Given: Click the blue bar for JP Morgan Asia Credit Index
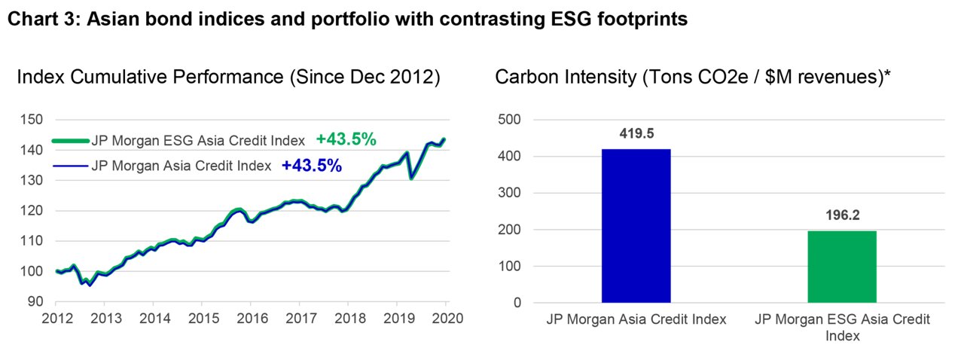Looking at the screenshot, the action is coord(636,226).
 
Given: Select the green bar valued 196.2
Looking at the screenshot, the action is coord(842,267).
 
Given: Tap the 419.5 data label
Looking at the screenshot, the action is coord(636,133).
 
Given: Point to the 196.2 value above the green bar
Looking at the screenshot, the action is coord(842,215).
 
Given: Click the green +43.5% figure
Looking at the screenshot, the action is coord(346,139).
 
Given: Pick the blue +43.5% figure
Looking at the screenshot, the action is coord(312,166).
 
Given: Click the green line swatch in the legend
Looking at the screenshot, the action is coord(71,141).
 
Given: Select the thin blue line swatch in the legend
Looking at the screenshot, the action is coord(71,166).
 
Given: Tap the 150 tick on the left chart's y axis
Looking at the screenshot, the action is coord(32,119).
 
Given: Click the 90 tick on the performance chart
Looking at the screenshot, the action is coord(35,301).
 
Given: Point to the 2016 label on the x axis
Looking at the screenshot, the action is coord(252,319).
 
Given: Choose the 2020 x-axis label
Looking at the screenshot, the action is coord(447,319).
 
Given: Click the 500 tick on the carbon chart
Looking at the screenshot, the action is coord(510,119).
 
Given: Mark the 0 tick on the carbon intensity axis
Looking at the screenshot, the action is coord(517,303).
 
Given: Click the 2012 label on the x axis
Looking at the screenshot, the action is coord(57,319).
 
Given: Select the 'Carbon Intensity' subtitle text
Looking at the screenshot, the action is coord(566,78).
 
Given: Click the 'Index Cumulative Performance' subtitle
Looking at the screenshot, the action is coord(150,77).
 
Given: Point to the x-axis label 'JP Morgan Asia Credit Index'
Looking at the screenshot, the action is coord(636,319).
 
